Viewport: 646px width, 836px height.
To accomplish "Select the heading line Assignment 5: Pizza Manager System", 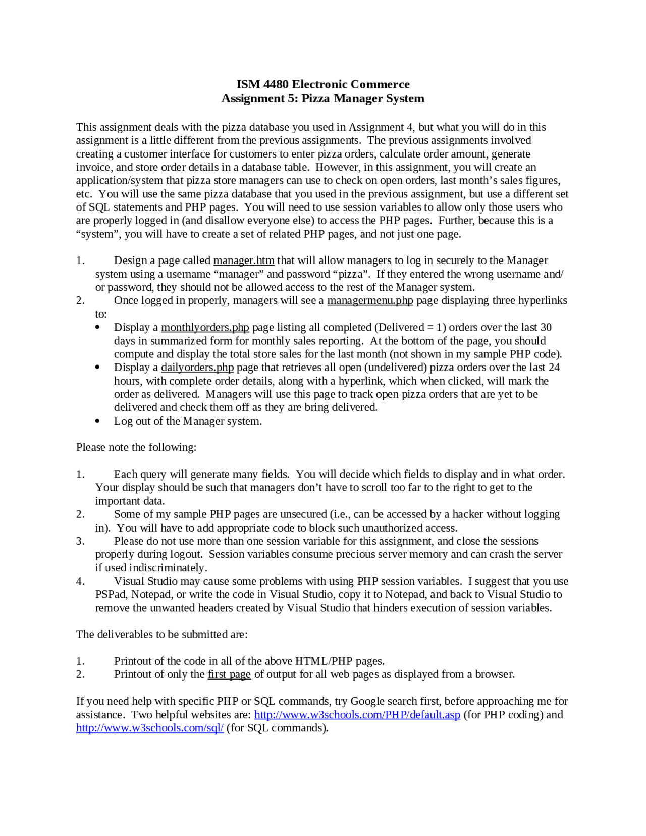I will point(322,98).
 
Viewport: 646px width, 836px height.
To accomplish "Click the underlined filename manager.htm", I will point(244,260).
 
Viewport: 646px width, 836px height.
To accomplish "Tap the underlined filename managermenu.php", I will point(370,300).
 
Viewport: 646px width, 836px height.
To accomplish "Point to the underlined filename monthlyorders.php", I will point(205,327).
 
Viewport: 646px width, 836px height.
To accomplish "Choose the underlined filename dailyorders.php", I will point(197,367).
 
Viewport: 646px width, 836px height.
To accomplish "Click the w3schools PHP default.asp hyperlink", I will point(357,715).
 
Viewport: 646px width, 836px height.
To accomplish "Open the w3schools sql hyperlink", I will point(150,728).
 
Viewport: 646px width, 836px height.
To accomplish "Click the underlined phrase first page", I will point(229,674).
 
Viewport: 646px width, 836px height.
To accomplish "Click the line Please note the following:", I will point(136,447).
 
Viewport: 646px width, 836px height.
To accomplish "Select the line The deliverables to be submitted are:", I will point(162,634).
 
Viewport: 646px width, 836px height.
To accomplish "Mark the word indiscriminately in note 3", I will point(167,568).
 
